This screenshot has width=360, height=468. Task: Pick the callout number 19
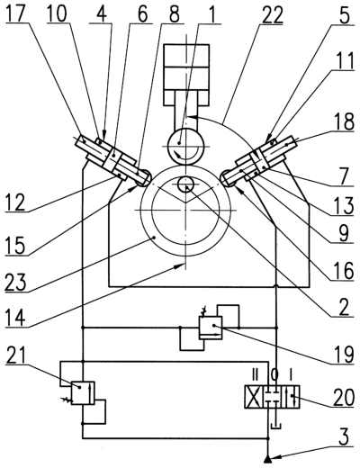coord(343,354)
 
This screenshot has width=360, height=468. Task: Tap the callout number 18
coord(343,121)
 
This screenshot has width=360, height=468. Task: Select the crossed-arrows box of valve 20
coord(254,397)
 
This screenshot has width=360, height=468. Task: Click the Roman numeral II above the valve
coord(256,374)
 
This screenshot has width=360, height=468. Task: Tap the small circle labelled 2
coord(185,184)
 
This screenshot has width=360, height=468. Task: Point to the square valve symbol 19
coord(211,328)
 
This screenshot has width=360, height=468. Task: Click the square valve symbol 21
coord(83,392)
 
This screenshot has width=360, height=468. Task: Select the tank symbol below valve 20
coord(274,426)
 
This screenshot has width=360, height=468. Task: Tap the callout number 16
coord(343,271)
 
